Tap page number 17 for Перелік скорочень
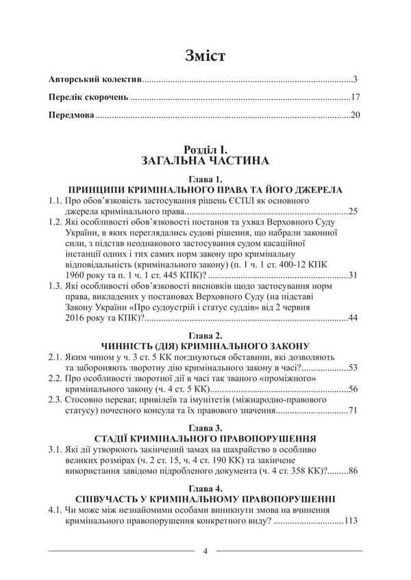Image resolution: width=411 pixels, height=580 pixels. (354, 97)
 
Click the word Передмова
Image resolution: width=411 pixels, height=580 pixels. (71, 115)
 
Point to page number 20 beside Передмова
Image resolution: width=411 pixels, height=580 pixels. (354, 115)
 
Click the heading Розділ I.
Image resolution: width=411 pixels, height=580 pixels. (206, 149)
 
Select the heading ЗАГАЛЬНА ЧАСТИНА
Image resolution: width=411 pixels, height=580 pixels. (205, 161)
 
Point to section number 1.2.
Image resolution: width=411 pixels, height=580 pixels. (56, 223)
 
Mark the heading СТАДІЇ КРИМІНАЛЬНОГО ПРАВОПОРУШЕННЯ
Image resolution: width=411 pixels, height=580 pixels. (206, 437)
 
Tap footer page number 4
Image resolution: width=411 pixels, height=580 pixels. (206, 551)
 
